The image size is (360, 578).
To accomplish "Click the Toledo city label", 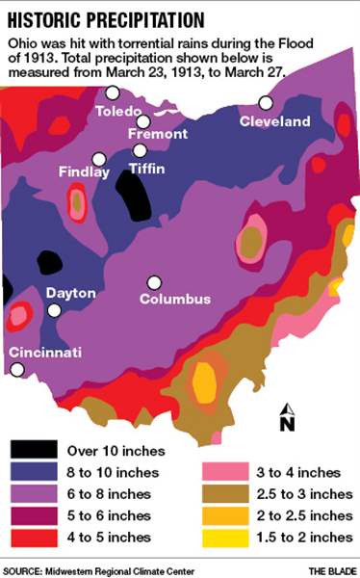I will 119,112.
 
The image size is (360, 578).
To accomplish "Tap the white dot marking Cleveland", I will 265,102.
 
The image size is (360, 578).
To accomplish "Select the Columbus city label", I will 174,299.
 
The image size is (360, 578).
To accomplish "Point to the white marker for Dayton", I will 55,310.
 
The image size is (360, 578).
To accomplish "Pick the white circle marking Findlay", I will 98,159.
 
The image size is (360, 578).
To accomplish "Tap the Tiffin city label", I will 146,168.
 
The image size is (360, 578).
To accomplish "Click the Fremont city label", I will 157,134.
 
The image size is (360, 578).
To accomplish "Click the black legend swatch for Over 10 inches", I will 34,450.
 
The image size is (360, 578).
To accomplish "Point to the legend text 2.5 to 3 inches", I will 298,493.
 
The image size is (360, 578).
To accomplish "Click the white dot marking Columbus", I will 153,282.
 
